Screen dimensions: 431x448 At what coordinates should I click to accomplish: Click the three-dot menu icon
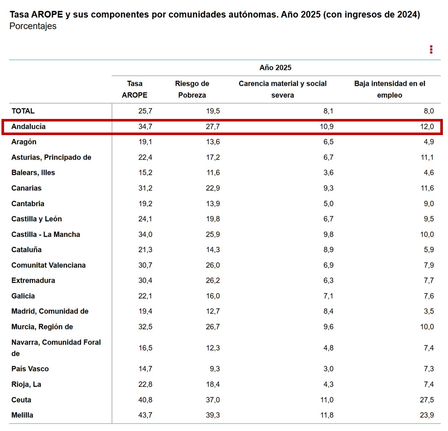[x=431, y=50]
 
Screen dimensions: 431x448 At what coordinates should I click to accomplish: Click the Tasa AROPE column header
[x=135, y=89]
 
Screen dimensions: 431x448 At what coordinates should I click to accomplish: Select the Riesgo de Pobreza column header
[x=192, y=89]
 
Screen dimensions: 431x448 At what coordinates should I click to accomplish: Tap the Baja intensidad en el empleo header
[x=390, y=89]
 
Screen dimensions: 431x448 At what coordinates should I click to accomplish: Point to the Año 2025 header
[x=275, y=68]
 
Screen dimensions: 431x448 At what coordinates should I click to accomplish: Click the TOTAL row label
[x=23, y=111]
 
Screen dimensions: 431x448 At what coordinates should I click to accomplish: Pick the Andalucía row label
[x=29, y=127]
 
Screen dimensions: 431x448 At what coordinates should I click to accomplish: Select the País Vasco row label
[x=30, y=369]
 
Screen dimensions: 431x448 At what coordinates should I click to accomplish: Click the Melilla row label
[x=22, y=415]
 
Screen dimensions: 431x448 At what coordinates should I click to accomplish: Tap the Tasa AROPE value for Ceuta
[x=145, y=400]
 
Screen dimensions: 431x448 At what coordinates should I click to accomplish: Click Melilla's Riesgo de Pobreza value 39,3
[x=213, y=415]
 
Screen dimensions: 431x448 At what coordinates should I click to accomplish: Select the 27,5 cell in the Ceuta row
[x=427, y=400]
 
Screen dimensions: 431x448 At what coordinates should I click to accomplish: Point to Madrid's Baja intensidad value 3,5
[x=429, y=311]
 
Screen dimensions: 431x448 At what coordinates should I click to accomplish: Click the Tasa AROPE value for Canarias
[x=145, y=188]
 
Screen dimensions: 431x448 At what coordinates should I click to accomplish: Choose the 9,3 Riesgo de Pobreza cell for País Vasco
[x=215, y=369]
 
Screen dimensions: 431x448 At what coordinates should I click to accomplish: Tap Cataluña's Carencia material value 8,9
[x=328, y=250]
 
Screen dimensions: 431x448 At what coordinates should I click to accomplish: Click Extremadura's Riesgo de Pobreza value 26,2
[x=213, y=280]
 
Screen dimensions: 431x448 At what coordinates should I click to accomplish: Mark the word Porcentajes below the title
[x=33, y=26]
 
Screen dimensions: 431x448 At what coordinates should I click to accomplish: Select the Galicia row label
[x=23, y=296]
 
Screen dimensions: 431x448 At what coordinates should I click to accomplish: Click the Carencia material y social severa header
[x=283, y=89]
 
